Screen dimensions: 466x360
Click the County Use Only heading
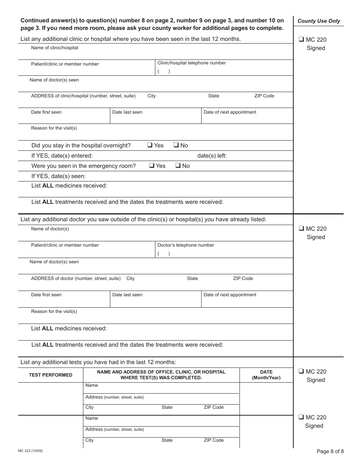click(x=319, y=21)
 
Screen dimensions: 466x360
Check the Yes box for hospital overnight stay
click(x=150, y=145)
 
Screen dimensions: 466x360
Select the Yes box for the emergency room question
click(x=152, y=166)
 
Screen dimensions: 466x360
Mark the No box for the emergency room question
click(x=178, y=166)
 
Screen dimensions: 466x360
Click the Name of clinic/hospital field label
click(x=55, y=48)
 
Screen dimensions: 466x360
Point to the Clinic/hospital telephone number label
click(x=191, y=63)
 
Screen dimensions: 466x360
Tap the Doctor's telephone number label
click(x=186, y=245)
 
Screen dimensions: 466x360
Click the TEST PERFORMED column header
click(x=51, y=375)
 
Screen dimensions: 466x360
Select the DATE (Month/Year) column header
click(x=266, y=375)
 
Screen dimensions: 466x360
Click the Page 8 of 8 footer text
click(x=330, y=451)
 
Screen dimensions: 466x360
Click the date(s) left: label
click(x=212, y=156)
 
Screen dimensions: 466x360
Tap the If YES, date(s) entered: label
click(x=62, y=156)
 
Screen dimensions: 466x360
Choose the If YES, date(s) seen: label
click(x=58, y=176)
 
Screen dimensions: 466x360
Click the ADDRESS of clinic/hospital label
click(x=83, y=96)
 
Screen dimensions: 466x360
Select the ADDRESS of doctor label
click(x=76, y=278)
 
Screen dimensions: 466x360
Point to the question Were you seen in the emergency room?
click(x=83, y=166)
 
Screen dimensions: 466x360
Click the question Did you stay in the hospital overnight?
click(x=81, y=145)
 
